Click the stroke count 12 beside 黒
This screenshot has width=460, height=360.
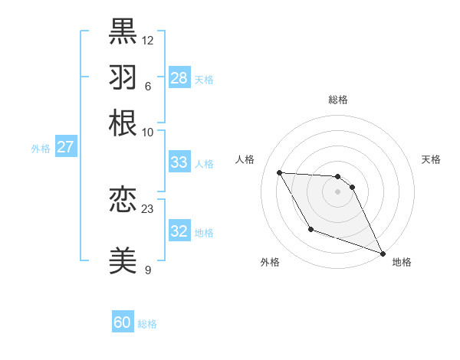point(148,40)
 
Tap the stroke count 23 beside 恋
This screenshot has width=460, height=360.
point(148,208)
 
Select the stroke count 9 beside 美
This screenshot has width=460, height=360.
point(148,270)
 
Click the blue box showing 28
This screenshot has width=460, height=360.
point(179,78)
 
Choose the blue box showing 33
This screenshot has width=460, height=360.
point(179,162)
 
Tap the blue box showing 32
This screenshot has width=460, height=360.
point(179,231)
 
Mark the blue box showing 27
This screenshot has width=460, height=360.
point(65,147)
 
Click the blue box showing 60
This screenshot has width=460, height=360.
point(123,322)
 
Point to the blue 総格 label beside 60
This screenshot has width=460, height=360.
point(147,324)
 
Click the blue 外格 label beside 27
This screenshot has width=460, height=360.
point(41,149)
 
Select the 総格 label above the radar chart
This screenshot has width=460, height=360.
point(338,100)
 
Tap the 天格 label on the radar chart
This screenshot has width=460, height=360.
point(431,159)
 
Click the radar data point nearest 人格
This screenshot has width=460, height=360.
point(279,172)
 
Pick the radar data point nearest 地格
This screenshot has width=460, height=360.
point(383,253)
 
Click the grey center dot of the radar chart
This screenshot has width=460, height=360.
point(338,191)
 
